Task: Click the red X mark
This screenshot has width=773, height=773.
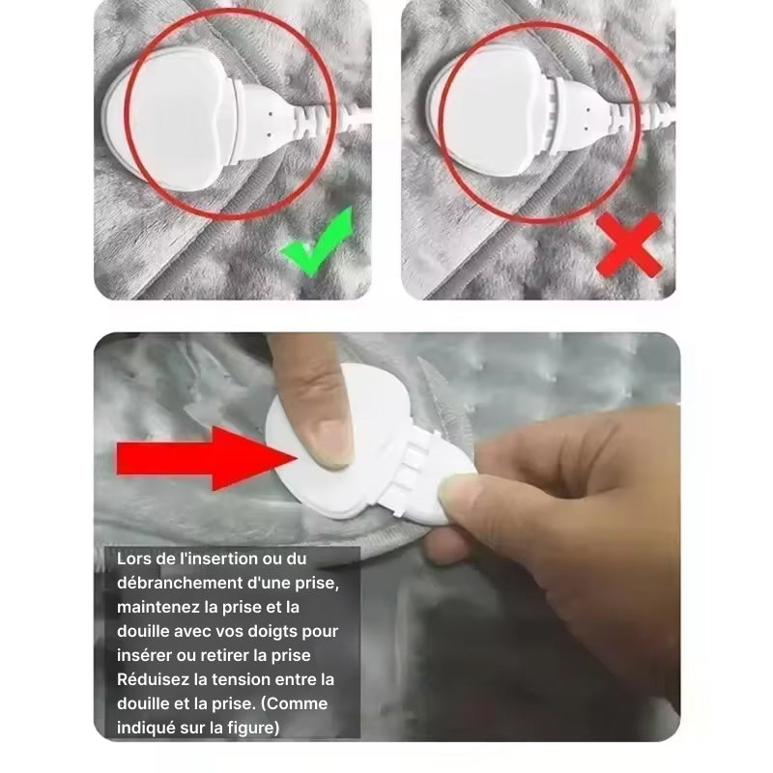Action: pos(629,245)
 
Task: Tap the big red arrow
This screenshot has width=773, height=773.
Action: pos(206,458)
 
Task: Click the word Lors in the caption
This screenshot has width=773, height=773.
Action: pos(133,558)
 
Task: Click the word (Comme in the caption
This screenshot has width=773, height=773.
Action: pos(294,703)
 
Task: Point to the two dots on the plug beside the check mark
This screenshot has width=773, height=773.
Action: pos(270,125)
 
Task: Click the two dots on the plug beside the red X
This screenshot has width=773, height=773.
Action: pos(587,119)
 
